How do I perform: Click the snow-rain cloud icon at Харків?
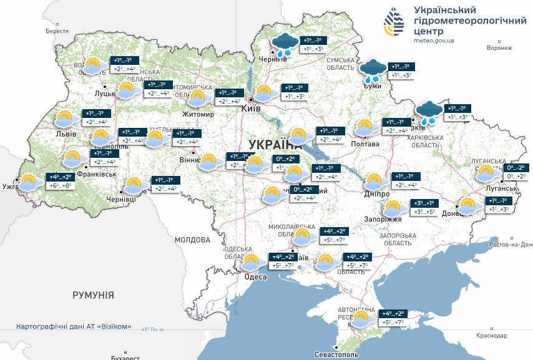click(x=429, y=113)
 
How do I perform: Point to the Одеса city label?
click(x=256, y=277)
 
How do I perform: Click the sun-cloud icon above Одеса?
click(x=252, y=262)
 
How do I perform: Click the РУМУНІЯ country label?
click(x=93, y=294)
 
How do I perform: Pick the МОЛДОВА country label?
click(x=193, y=240)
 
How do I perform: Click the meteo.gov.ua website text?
click(x=434, y=40)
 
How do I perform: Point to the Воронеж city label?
click(x=499, y=48)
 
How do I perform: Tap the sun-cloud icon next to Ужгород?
click(x=28, y=182)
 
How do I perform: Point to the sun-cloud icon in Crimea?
click(x=360, y=319)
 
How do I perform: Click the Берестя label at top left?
click(x=57, y=31)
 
